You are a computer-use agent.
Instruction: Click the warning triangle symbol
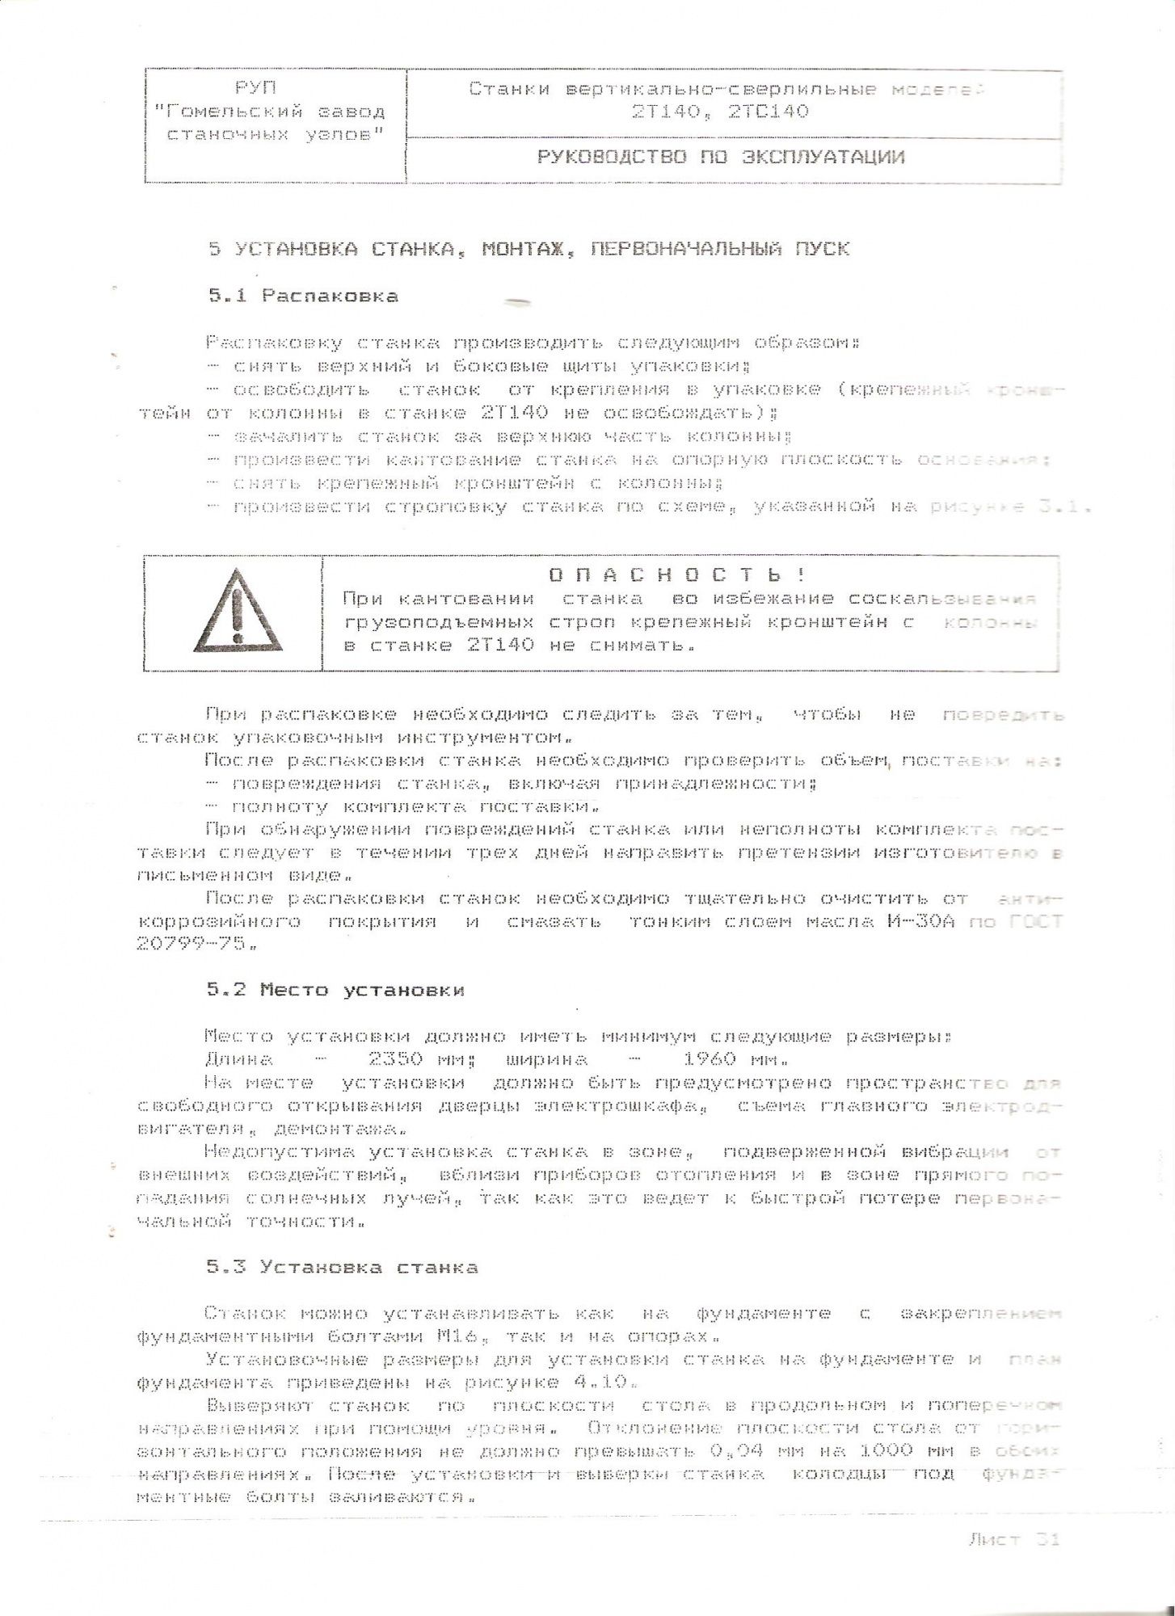click(237, 612)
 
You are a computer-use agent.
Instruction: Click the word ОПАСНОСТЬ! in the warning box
click(677, 575)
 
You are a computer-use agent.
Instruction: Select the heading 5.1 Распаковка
click(303, 296)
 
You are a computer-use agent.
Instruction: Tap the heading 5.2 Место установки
click(335, 990)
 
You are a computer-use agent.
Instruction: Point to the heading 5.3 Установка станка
click(342, 1267)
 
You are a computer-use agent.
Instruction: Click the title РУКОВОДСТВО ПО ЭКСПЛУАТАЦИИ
click(720, 157)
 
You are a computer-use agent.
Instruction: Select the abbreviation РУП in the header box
click(255, 88)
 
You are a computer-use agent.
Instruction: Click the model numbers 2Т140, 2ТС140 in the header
click(720, 112)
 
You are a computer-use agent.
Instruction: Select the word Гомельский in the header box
click(235, 112)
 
